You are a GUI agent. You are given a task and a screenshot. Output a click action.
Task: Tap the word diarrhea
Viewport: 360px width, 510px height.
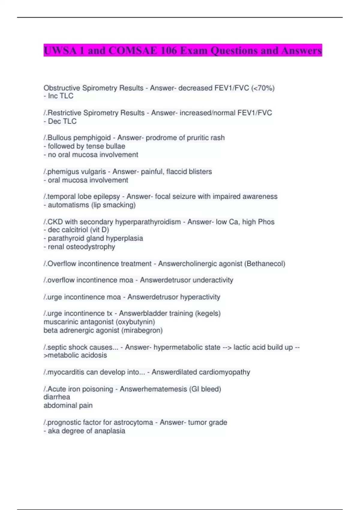[x=57, y=397]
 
